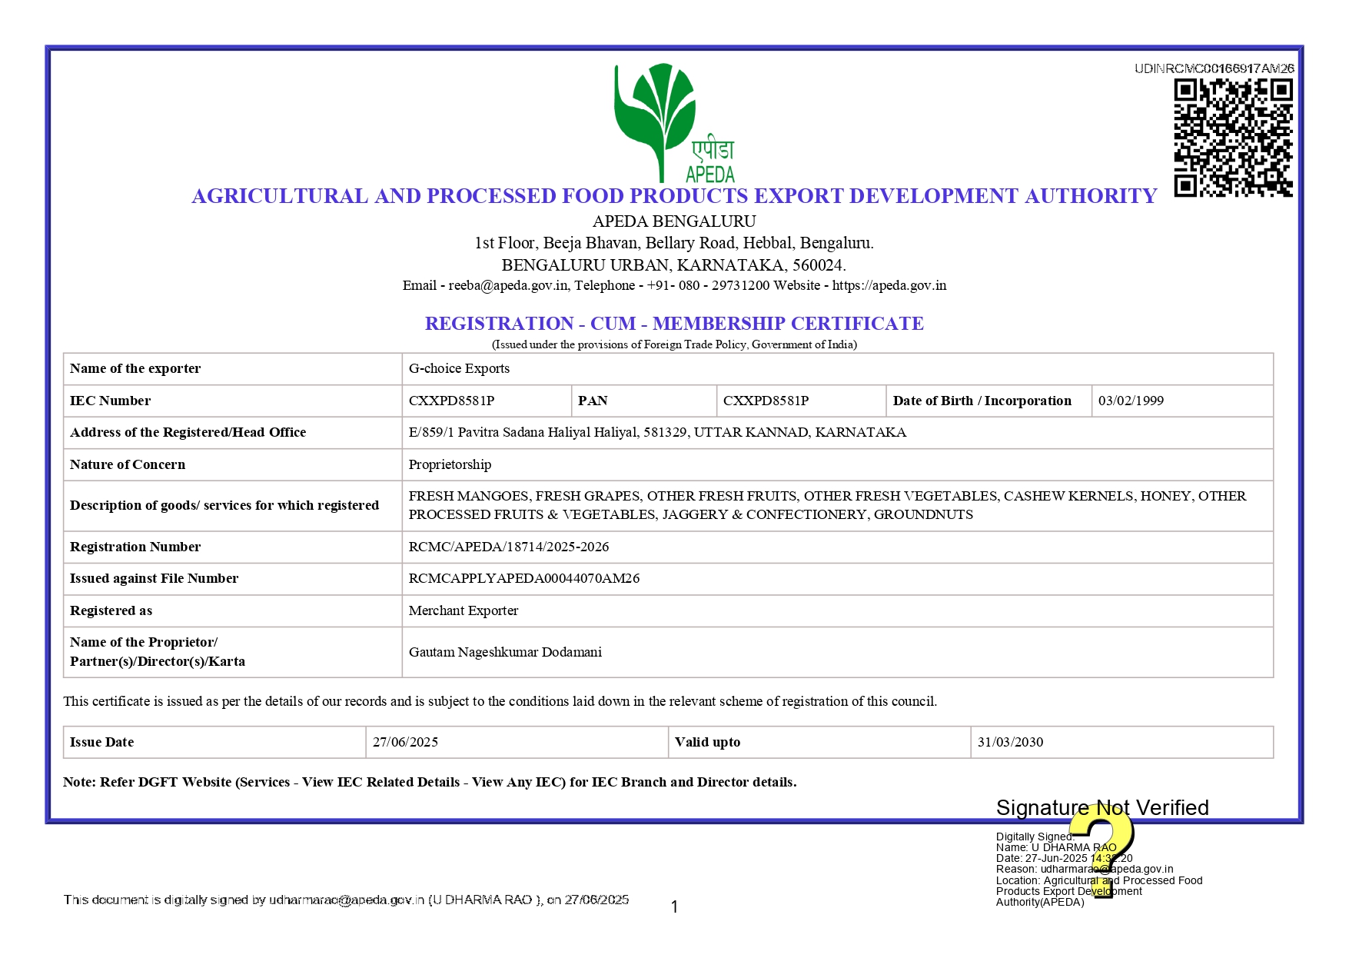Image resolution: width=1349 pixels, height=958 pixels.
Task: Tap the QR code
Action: coord(1232,138)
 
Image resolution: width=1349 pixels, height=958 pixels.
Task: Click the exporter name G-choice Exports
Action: coord(459,368)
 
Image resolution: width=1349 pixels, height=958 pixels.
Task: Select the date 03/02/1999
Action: coord(1130,401)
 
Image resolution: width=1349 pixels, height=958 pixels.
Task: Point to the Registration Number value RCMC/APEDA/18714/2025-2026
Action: coord(508,547)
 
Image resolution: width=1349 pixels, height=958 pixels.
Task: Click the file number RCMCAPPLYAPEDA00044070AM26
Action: coord(523,578)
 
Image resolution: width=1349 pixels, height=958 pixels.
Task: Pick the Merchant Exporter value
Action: coord(463,610)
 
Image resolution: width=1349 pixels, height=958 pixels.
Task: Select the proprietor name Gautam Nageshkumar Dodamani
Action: coord(504,652)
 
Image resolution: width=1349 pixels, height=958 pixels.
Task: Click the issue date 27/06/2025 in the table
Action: coord(405,742)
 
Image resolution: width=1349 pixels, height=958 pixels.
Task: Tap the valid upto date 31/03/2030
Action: coord(1009,742)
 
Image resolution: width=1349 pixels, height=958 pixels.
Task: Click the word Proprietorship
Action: coord(450,464)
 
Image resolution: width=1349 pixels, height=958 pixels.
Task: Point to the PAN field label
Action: coord(593,401)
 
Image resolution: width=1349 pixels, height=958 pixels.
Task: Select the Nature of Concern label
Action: coord(128,464)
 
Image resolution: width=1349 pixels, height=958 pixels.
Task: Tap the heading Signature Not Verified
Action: coord(1101,807)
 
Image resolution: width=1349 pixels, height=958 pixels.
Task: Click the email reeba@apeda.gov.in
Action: coord(508,285)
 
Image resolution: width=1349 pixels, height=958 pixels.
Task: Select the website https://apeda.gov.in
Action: coord(889,285)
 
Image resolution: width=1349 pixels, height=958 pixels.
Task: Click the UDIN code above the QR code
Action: coord(1214,68)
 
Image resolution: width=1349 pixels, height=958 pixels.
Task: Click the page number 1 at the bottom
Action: coord(674,907)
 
